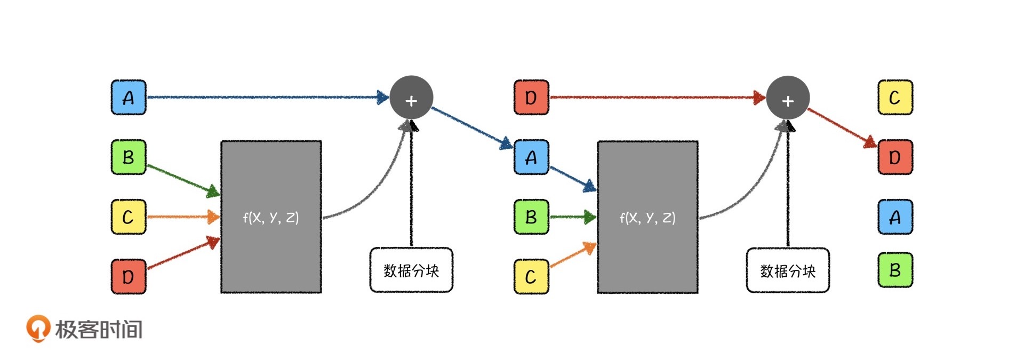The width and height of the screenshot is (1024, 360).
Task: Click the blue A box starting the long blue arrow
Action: pyautogui.click(x=128, y=98)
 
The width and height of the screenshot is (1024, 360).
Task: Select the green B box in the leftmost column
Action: pyautogui.click(x=128, y=157)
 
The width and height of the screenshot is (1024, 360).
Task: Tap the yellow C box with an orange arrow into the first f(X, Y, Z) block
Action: pyautogui.click(x=128, y=217)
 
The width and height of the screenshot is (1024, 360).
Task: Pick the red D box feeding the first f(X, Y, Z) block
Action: pyautogui.click(x=128, y=277)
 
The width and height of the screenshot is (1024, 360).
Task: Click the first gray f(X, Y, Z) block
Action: pyautogui.click(x=271, y=217)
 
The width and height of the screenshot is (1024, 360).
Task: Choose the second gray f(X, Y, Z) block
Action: pyautogui.click(x=647, y=217)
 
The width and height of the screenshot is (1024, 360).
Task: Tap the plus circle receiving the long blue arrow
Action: pyautogui.click(x=411, y=98)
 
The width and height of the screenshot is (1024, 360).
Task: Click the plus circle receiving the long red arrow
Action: pyautogui.click(x=788, y=98)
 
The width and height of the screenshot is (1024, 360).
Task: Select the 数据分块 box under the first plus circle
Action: pyautogui.click(x=411, y=270)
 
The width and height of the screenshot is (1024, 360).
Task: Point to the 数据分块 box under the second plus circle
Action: pyautogui.click(x=788, y=270)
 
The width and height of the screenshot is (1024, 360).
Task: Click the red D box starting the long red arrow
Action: pyautogui.click(x=531, y=98)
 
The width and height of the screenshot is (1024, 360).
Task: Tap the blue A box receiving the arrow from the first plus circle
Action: pyautogui.click(x=531, y=157)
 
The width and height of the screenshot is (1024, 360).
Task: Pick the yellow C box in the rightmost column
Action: pyautogui.click(x=895, y=98)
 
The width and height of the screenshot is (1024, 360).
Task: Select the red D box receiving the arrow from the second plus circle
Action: pyautogui.click(x=895, y=157)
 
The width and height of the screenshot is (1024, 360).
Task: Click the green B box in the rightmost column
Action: pyautogui.click(x=895, y=270)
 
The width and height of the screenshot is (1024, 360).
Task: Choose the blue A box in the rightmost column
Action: pyautogui.click(x=895, y=217)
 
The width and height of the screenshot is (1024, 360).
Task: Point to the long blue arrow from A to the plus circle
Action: pyautogui.click(x=267, y=98)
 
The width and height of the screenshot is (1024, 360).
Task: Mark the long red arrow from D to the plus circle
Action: pyautogui.click(x=656, y=98)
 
